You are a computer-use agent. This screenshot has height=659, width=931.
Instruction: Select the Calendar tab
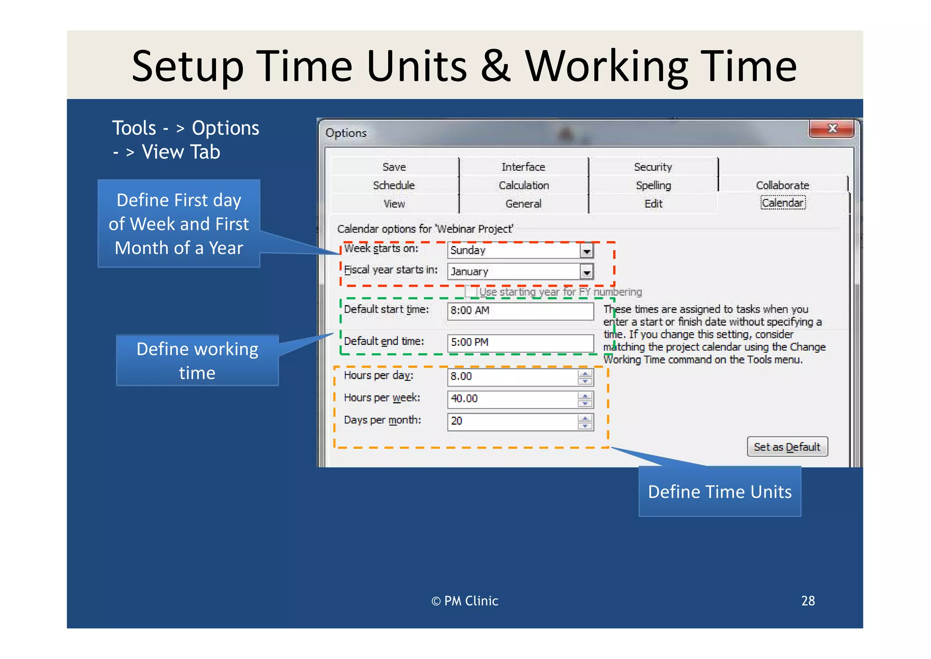783,203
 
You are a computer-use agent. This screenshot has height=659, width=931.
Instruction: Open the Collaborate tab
782,185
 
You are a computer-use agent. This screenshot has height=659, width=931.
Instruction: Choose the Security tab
653,167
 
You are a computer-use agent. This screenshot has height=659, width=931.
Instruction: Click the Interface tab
523,167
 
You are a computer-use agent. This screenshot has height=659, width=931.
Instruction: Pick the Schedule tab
394,185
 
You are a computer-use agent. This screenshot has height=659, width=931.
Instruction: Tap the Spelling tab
653,185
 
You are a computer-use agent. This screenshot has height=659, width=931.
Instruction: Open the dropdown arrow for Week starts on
587,251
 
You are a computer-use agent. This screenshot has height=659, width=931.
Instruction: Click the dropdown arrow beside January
587,272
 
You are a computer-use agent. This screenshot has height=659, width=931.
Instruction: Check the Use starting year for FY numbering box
471,291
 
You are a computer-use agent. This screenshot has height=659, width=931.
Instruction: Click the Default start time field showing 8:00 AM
520,311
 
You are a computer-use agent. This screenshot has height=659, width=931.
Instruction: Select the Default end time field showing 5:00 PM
520,343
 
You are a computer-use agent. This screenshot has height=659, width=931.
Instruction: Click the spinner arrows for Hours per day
585,377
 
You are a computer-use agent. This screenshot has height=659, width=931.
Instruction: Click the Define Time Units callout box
720,492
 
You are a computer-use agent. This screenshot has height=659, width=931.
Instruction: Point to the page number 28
808,601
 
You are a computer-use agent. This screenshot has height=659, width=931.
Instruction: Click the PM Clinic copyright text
465,601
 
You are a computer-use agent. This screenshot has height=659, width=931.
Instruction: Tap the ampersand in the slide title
496,66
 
